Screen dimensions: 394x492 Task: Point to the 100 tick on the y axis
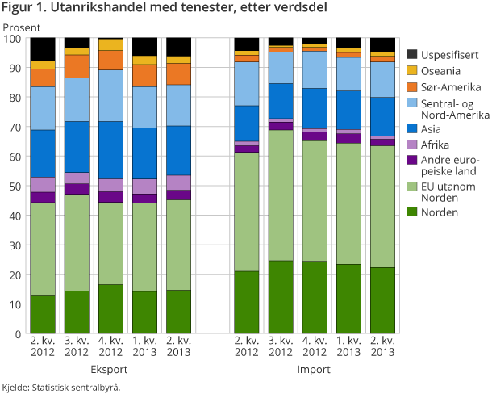(x=14, y=38)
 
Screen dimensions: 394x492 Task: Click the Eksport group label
(x=111, y=369)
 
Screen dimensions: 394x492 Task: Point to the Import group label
(x=314, y=369)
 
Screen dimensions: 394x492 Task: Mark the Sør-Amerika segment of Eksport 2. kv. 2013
(x=179, y=74)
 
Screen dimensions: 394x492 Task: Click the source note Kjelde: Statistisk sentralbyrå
(x=61, y=387)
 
